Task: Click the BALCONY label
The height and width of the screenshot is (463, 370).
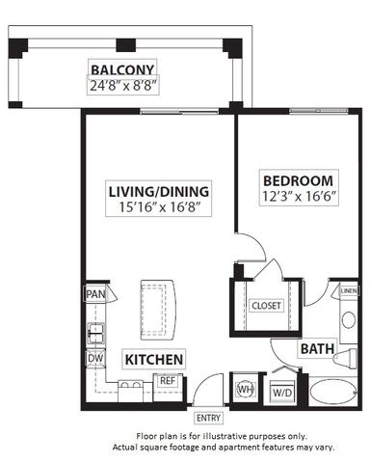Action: coord(122,68)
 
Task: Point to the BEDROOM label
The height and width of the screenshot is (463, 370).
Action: coord(299,180)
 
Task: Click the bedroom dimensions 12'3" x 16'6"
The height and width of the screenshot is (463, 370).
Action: coord(299,196)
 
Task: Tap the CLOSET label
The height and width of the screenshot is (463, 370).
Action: coord(265,305)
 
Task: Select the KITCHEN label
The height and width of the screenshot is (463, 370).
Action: coord(153,359)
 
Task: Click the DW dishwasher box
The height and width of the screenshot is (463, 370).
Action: coord(94,358)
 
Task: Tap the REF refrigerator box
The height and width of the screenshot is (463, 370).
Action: coord(167,381)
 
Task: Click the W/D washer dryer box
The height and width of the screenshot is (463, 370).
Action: coord(281,392)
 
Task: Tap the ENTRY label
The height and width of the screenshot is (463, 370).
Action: coord(206,418)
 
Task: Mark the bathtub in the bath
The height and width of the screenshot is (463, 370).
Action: coord(332,394)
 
